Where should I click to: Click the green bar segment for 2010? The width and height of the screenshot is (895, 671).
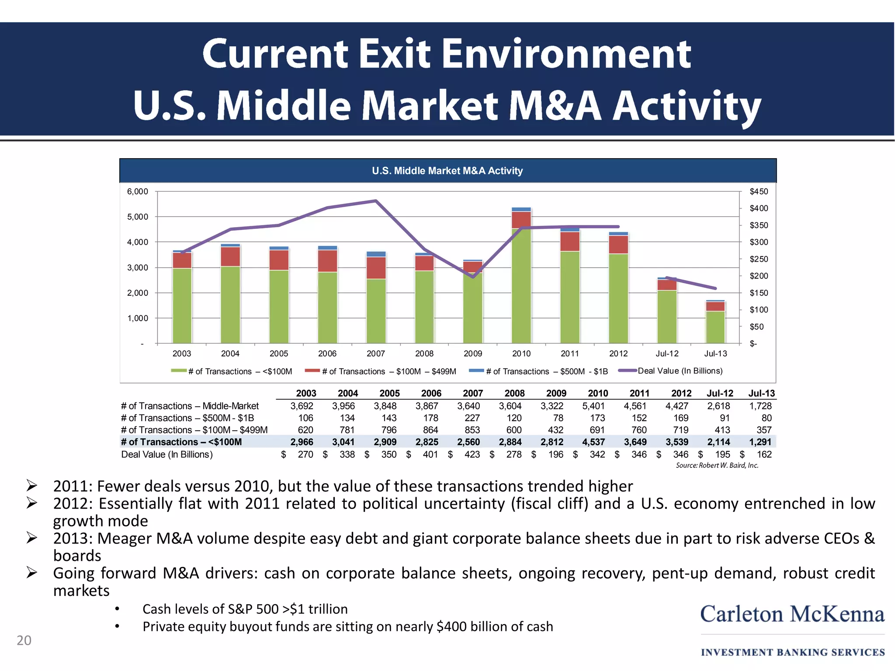[521, 286]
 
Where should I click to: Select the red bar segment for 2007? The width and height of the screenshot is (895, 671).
[376, 268]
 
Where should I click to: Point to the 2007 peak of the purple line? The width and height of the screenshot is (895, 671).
[376, 201]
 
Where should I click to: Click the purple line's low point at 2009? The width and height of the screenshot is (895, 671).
[473, 277]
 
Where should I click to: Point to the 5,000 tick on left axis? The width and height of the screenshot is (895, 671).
[138, 217]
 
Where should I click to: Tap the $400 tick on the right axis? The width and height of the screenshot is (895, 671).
[759, 208]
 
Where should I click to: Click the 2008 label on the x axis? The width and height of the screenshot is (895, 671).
[424, 353]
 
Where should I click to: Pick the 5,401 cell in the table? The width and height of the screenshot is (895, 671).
[593, 406]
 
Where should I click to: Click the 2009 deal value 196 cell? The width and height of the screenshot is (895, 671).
[555, 454]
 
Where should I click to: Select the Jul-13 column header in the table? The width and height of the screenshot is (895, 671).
[761, 393]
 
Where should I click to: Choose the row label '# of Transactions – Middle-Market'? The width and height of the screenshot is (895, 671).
[190, 406]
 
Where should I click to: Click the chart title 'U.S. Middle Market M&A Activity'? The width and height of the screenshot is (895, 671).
[447, 171]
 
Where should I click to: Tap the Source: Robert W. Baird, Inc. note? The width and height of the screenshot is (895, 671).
[717, 465]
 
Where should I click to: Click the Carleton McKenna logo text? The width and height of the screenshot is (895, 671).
[792, 614]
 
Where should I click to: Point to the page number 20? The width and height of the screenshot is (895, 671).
[24, 640]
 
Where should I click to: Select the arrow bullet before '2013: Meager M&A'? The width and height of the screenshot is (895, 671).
[32, 538]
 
